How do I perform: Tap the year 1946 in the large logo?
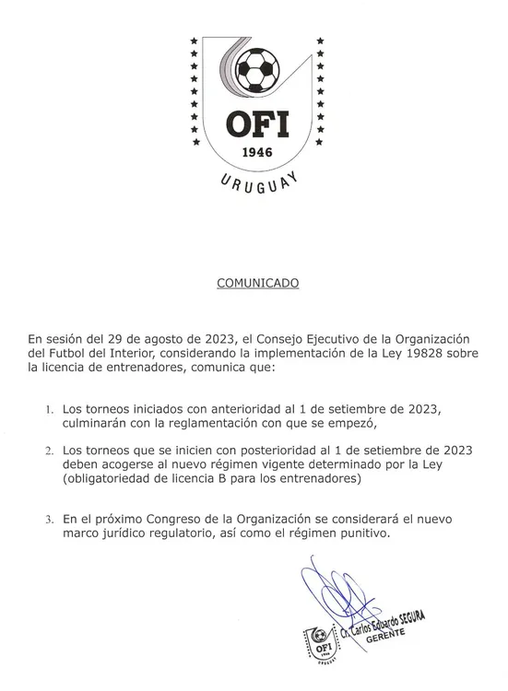[254, 152]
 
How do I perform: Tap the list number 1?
[48, 406]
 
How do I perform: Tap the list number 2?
[48, 450]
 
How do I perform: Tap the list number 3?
[48, 519]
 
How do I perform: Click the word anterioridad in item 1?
[241, 406]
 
